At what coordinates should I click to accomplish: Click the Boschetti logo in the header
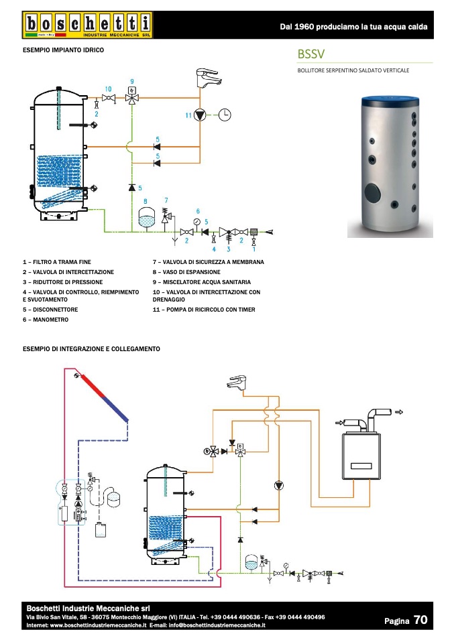coord(87,25)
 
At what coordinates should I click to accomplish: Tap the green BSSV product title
coord(311,54)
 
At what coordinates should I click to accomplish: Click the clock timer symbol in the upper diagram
coord(225,115)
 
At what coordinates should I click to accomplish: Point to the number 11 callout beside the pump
coord(188,115)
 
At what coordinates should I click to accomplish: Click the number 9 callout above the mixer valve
coord(132,82)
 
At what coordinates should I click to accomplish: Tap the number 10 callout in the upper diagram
coord(108,89)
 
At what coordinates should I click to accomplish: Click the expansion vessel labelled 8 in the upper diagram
coord(146,217)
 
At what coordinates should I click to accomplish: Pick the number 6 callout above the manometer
coord(198,211)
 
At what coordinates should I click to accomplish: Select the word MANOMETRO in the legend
coord(50,320)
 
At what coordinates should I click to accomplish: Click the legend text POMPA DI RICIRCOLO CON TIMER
coord(211,310)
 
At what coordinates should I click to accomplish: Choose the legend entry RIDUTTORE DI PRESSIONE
coord(68,282)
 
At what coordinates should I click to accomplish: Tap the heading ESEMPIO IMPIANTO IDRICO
coord(63,50)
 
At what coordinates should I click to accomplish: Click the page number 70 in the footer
coord(420,620)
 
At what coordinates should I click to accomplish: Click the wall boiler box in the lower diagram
coord(361,456)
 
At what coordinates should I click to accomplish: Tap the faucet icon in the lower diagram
coord(237,381)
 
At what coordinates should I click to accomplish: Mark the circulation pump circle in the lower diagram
coord(278,486)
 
